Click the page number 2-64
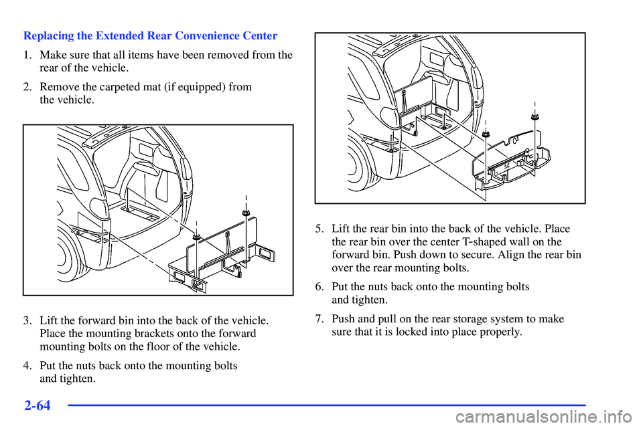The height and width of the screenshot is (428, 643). point(37,405)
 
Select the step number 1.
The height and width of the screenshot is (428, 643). point(27,55)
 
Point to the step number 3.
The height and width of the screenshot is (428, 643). point(27,320)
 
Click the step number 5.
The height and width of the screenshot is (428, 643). point(319,229)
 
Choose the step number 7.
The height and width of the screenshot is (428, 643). point(319,318)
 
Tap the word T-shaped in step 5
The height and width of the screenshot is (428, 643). point(494,241)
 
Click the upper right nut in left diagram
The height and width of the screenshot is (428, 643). point(246,212)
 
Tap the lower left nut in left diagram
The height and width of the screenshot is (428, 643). point(196,237)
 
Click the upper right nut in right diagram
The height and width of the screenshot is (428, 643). point(534,117)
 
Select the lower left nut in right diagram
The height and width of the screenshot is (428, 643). point(486,134)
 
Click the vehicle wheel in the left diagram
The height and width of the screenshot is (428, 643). point(68,256)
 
